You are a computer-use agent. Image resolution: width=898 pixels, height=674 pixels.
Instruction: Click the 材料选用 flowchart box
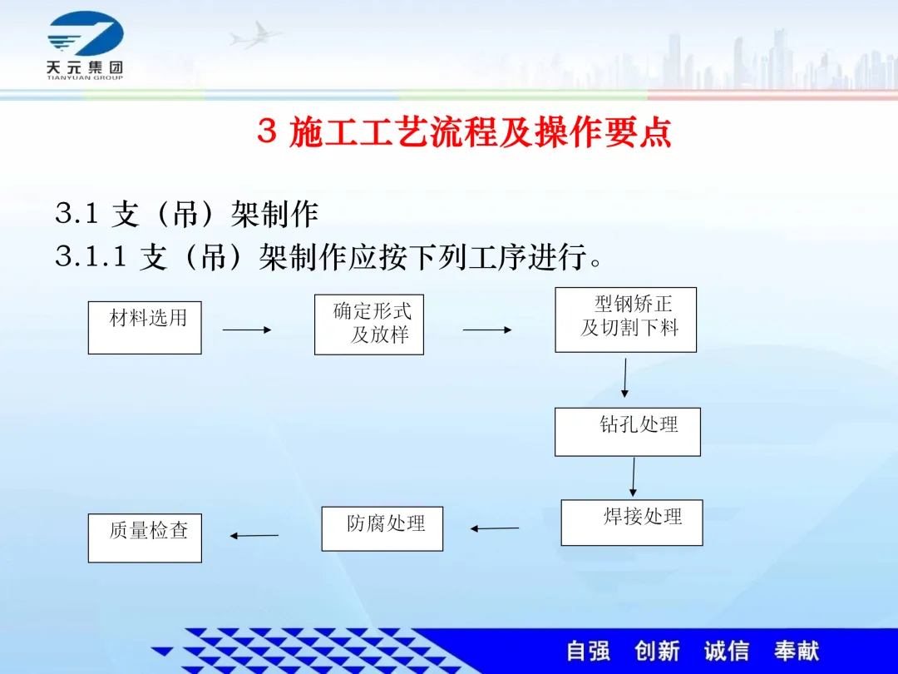tap(145, 328)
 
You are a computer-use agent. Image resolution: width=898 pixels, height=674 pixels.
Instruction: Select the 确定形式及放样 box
tap(369, 325)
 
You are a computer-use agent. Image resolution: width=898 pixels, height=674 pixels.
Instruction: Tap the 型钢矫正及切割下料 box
tap(626, 320)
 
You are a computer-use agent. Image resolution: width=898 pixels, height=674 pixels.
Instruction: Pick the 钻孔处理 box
tap(628, 432)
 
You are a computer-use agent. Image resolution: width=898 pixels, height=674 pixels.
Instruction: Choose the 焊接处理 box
tap(632, 523)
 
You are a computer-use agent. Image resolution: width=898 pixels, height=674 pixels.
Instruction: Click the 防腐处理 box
tap(382, 529)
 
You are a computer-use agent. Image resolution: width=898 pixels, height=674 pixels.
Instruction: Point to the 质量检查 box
tap(145, 538)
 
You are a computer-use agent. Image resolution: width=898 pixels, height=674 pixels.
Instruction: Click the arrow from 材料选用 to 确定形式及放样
tap(247, 330)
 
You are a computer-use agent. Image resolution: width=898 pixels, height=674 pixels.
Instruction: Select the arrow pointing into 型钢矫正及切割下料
tap(487, 330)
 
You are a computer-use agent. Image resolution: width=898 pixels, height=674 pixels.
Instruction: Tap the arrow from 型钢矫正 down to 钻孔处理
tap(624, 379)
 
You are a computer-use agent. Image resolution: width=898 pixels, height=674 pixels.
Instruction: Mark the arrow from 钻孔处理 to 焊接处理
tap(634, 478)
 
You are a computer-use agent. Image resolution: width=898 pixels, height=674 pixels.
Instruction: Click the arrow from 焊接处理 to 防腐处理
tap(495, 528)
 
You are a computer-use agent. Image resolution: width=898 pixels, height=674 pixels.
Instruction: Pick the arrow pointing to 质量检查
tap(254, 536)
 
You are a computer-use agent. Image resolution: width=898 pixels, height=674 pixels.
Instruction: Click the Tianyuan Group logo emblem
tap(86, 34)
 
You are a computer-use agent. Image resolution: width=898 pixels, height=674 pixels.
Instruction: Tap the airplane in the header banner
tap(255, 36)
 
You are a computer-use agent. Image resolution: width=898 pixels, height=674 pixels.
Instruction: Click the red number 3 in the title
tap(267, 131)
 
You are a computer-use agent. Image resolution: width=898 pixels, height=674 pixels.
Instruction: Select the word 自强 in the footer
tap(588, 651)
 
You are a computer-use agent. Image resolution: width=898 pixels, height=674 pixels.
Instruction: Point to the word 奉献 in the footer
tap(797, 651)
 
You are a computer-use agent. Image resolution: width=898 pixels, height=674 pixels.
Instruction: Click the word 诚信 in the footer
tap(727, 651)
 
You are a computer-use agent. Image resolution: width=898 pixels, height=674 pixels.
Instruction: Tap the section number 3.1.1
tap(91, 256)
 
